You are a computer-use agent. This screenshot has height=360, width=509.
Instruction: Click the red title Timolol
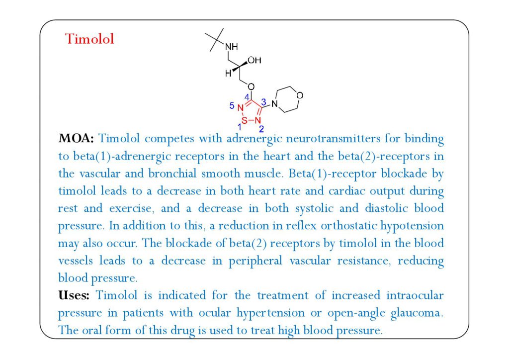[89, 39]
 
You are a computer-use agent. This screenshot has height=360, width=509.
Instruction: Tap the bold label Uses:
[74, 295]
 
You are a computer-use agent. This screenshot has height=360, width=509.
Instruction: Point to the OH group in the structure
[254, 61]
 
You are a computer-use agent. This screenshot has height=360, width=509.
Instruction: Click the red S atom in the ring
[244, 120]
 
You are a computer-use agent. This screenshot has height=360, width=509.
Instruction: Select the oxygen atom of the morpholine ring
[300, 94]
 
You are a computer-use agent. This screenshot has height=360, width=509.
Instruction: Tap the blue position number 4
[247, 97]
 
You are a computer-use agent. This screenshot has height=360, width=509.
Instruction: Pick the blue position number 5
[231, 105]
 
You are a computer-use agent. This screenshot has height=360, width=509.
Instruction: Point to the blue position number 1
[239, 128]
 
